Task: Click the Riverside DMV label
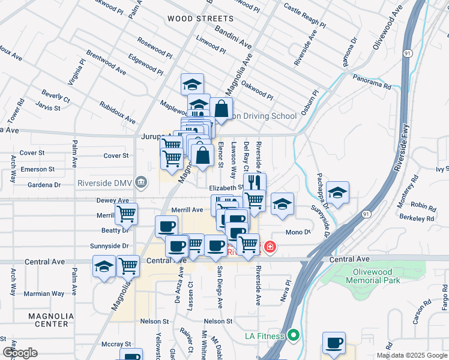[105, 183]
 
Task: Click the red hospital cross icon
[270, 247]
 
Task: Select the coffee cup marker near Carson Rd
[334, 343]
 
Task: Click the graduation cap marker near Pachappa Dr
[338, 193]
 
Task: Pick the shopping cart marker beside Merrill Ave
[126, 213]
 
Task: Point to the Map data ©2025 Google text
[411, 355]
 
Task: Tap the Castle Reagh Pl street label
[304, 17]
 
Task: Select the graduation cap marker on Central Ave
[104, 265]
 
